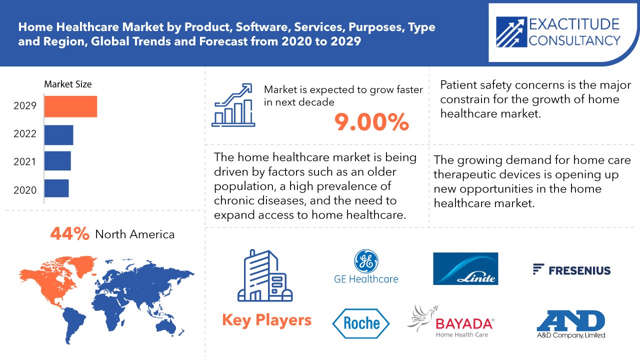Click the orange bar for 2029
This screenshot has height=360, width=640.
(70, 106)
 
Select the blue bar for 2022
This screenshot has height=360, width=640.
(58, 134)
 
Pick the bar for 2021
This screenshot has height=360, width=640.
(57, 161)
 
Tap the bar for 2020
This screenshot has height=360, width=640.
(56, 188)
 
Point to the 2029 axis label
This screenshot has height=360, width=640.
(25, 106)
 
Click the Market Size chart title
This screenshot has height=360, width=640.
(68, 84)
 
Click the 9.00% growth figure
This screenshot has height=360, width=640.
(372, 122)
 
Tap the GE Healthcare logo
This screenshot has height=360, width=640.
(366, 267)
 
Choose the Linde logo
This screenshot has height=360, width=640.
(465, 268)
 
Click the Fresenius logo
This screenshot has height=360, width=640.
(571, 270)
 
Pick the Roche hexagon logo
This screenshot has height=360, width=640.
(360, 322)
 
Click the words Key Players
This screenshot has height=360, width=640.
(266, 320)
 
